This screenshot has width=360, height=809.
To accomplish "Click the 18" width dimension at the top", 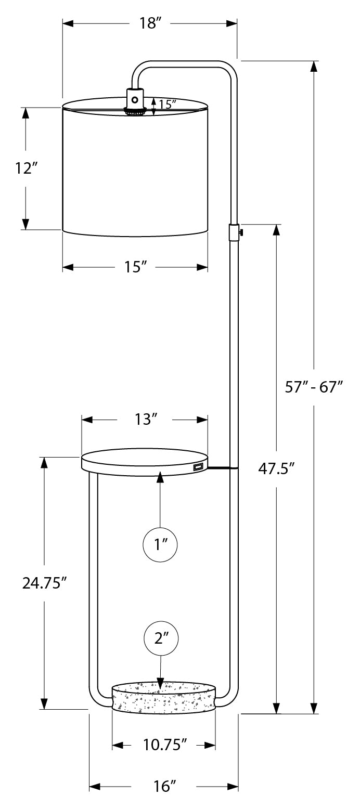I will [149, 24].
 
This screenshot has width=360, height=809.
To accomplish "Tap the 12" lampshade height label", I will [27, 168].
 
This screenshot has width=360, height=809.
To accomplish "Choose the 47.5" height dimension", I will [276, 468].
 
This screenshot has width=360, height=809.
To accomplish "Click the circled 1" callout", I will [160, 545].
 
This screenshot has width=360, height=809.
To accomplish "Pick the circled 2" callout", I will [161, 638].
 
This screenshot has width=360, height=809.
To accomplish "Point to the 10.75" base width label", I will [164, 745].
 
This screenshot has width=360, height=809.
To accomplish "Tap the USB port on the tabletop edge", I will [198, 467].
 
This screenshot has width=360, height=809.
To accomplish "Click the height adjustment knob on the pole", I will [236, 232].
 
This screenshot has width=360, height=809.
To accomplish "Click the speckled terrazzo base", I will [163, 700].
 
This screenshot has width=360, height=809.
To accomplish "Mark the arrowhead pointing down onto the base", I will [161, 682].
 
